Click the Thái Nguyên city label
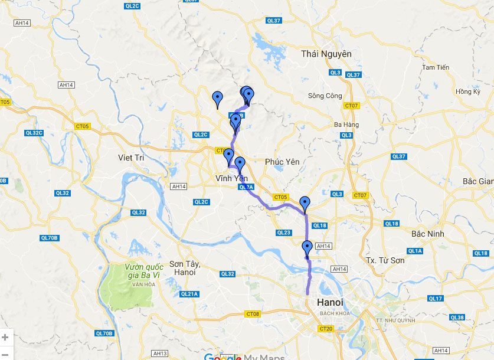326,54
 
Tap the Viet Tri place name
131,158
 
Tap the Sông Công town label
325,96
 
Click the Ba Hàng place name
346,125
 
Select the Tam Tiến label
436,67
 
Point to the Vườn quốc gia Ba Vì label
144,271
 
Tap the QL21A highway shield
189,294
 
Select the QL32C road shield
34,133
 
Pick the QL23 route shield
283,233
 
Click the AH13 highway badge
159,353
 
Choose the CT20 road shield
325,328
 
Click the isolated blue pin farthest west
218,99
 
